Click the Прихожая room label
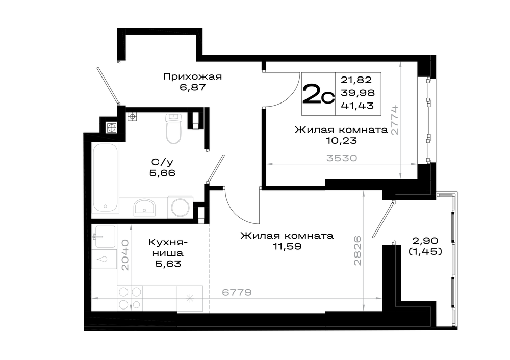193,77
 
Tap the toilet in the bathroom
173,128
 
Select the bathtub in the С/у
105,178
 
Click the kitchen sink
105,237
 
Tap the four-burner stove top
130,298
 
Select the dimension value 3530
342,158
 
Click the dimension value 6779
237,292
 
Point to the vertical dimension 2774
395,120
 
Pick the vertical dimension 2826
358,251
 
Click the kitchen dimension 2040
125,255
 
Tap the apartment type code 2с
318,94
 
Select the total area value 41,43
358,106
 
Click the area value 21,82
356,80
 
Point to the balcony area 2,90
425,241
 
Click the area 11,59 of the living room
287,246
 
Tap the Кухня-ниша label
168,247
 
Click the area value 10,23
342,141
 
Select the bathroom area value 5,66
162,173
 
